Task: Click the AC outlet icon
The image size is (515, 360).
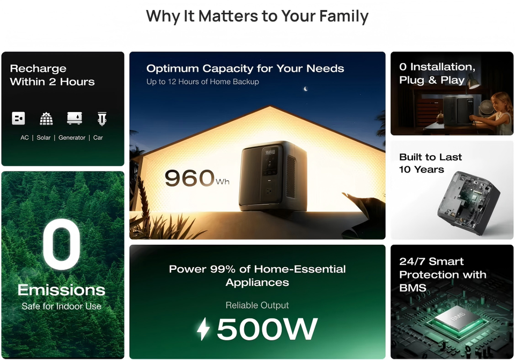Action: (18, 118)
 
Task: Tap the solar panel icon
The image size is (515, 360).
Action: (46, 119)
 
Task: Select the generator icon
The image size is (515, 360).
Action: (75, 118)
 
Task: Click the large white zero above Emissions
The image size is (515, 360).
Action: (62, 244)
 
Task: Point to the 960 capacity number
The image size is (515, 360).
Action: (189, 178)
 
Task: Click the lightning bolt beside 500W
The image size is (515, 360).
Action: (203, 328)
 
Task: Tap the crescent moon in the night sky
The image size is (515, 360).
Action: (306, 89)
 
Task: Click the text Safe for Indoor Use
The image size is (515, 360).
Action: (61, 306)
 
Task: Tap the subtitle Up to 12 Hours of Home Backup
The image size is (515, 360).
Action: (203, 82)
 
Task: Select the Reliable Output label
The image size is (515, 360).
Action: (257, 305)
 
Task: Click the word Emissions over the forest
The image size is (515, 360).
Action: (61, 290)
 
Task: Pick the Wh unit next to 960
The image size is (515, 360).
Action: (223, 182)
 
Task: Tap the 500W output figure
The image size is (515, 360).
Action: (267, 328)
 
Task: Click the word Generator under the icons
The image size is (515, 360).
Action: (72, 138)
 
